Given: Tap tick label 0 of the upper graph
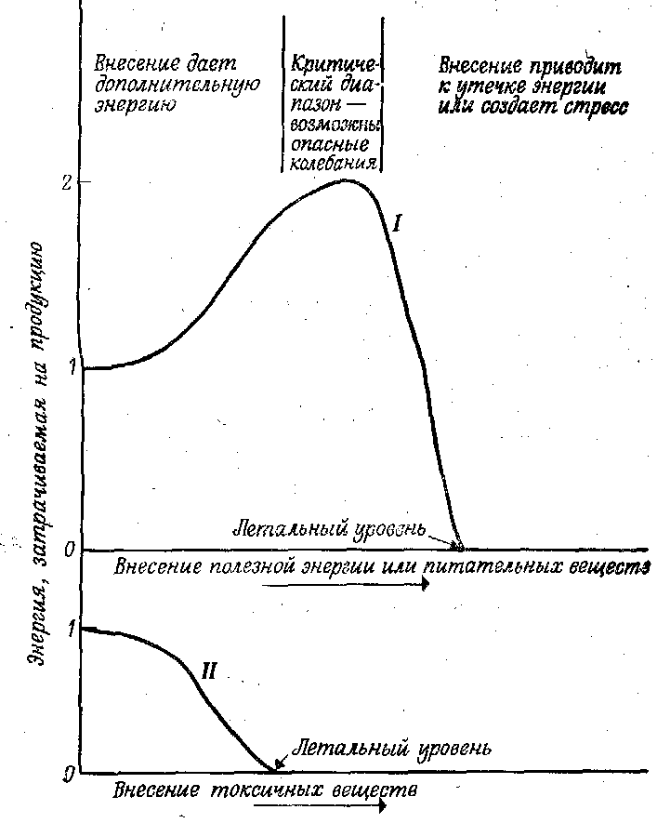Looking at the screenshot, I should point(68,550).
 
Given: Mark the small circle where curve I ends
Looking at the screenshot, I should point(458,546).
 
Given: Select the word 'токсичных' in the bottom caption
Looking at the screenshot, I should point(264,792).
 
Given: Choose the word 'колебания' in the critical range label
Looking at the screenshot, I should point(333,164).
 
